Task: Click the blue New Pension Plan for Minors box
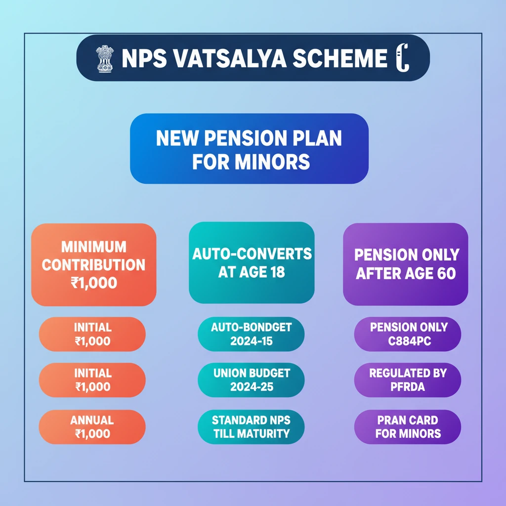(x=249, y=148)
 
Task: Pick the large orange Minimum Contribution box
(x=93, y=264)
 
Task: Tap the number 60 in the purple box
(x=446, y=273)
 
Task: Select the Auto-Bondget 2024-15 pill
(x=251, y=334)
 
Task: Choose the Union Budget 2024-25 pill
(x=251, y=379)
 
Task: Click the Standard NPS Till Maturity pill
(x=251, y=427)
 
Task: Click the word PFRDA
(x=408, y=386)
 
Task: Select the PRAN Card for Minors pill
(x=408, y=427)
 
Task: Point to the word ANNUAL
(x=92, y=421)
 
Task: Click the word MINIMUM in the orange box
(x=93, y=247)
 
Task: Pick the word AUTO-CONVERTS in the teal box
(x=252, y=254)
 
